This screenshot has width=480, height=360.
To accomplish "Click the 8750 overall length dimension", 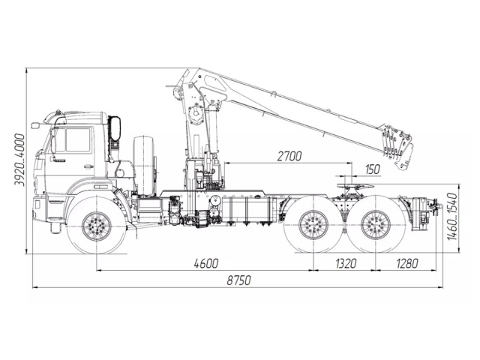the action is point(238,280).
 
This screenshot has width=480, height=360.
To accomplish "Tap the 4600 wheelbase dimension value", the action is point(206,263).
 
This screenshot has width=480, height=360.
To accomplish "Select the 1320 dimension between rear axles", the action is point(346,263).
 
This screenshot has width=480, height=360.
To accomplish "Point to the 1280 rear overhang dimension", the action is point(406,263).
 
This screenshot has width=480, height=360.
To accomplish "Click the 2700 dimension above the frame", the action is point(289,156).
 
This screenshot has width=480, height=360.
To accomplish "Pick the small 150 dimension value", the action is point(373,169).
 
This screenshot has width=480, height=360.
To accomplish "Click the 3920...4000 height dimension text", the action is point(19,160).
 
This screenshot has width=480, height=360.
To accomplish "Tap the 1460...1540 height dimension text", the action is point(452,217).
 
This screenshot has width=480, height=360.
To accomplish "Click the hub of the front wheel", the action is point(97,226).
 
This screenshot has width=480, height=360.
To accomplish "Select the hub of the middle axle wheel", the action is point(313,225).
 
